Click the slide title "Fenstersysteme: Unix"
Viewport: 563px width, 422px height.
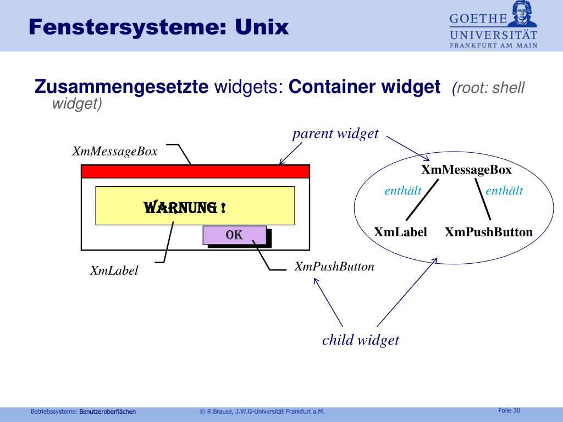[159, 26]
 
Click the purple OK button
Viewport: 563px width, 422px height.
[234, 235]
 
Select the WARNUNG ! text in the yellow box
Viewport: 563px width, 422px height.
[185, 208]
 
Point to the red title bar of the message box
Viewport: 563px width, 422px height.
[195, 171]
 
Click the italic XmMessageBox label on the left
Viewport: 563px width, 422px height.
[115, 152]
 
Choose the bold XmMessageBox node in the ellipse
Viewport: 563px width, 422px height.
[466, 170]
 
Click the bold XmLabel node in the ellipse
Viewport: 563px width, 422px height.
[400, 232]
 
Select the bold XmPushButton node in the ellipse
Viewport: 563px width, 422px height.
[489, 232]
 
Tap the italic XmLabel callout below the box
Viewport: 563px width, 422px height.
[114, 270]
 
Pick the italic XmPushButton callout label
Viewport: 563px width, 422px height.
[334, 267]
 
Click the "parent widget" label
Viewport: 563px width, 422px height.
[335, 134]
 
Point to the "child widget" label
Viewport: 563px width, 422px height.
[361, 340]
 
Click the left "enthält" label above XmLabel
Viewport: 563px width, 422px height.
[402, 191]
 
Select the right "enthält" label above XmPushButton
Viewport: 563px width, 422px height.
[504, 191]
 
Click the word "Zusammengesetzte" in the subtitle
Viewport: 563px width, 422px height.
[121, 87]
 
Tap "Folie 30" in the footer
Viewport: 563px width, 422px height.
[509, 410]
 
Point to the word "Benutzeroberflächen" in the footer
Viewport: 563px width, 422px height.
[107, 411]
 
